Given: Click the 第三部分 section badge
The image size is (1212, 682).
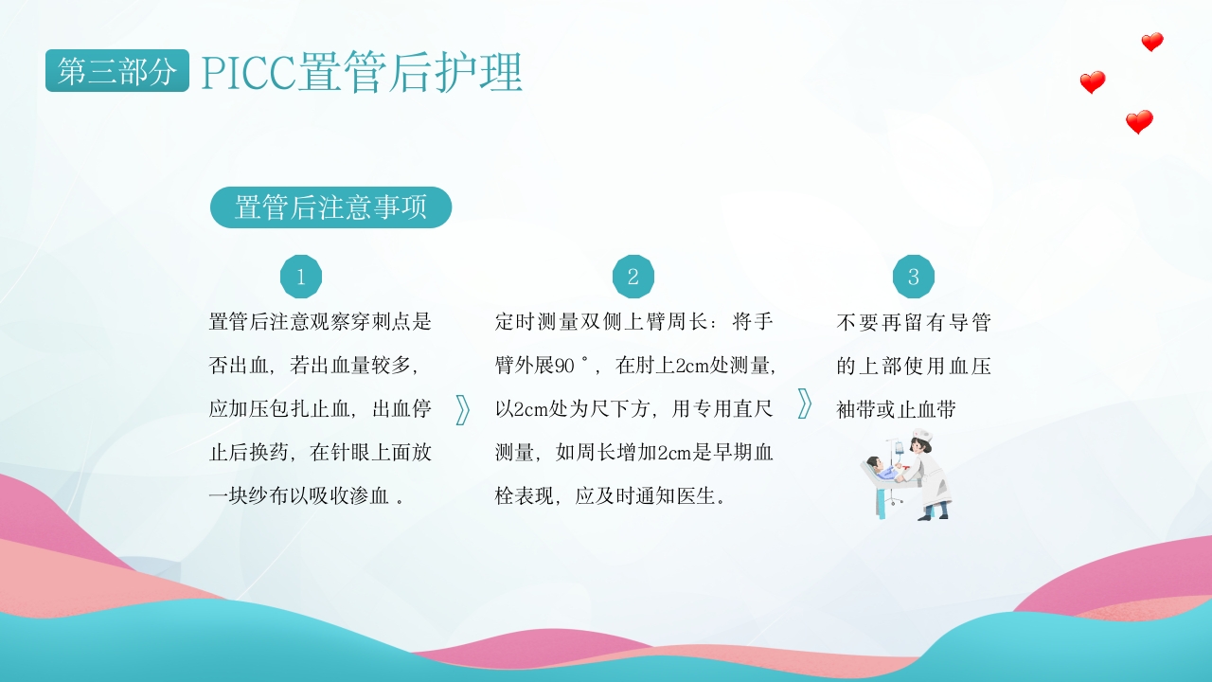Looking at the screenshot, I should (116, 71).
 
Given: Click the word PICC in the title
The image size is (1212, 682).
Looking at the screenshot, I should (248, 73).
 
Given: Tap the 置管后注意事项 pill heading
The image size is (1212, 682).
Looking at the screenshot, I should (330, 207).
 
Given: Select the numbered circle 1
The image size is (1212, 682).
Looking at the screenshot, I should (301, 277).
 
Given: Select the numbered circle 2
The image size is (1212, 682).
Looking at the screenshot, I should (633, 277).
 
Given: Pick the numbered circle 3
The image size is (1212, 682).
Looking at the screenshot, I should (914, 277).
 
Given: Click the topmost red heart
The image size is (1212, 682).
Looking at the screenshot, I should (1152, 42).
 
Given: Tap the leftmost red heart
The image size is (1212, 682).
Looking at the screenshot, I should (1093, 82).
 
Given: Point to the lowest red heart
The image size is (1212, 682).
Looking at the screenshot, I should (1139, 122).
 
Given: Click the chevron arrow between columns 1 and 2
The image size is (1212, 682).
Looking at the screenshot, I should (463, 409).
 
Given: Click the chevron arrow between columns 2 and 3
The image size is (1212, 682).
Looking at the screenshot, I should (805, 404).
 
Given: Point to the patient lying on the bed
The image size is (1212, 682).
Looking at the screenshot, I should (882, 469).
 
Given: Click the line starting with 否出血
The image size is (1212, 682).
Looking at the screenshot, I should (312, 366).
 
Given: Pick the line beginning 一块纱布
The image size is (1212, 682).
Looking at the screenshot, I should (307, 496).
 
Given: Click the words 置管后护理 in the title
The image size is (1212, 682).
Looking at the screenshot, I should (410, 73).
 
